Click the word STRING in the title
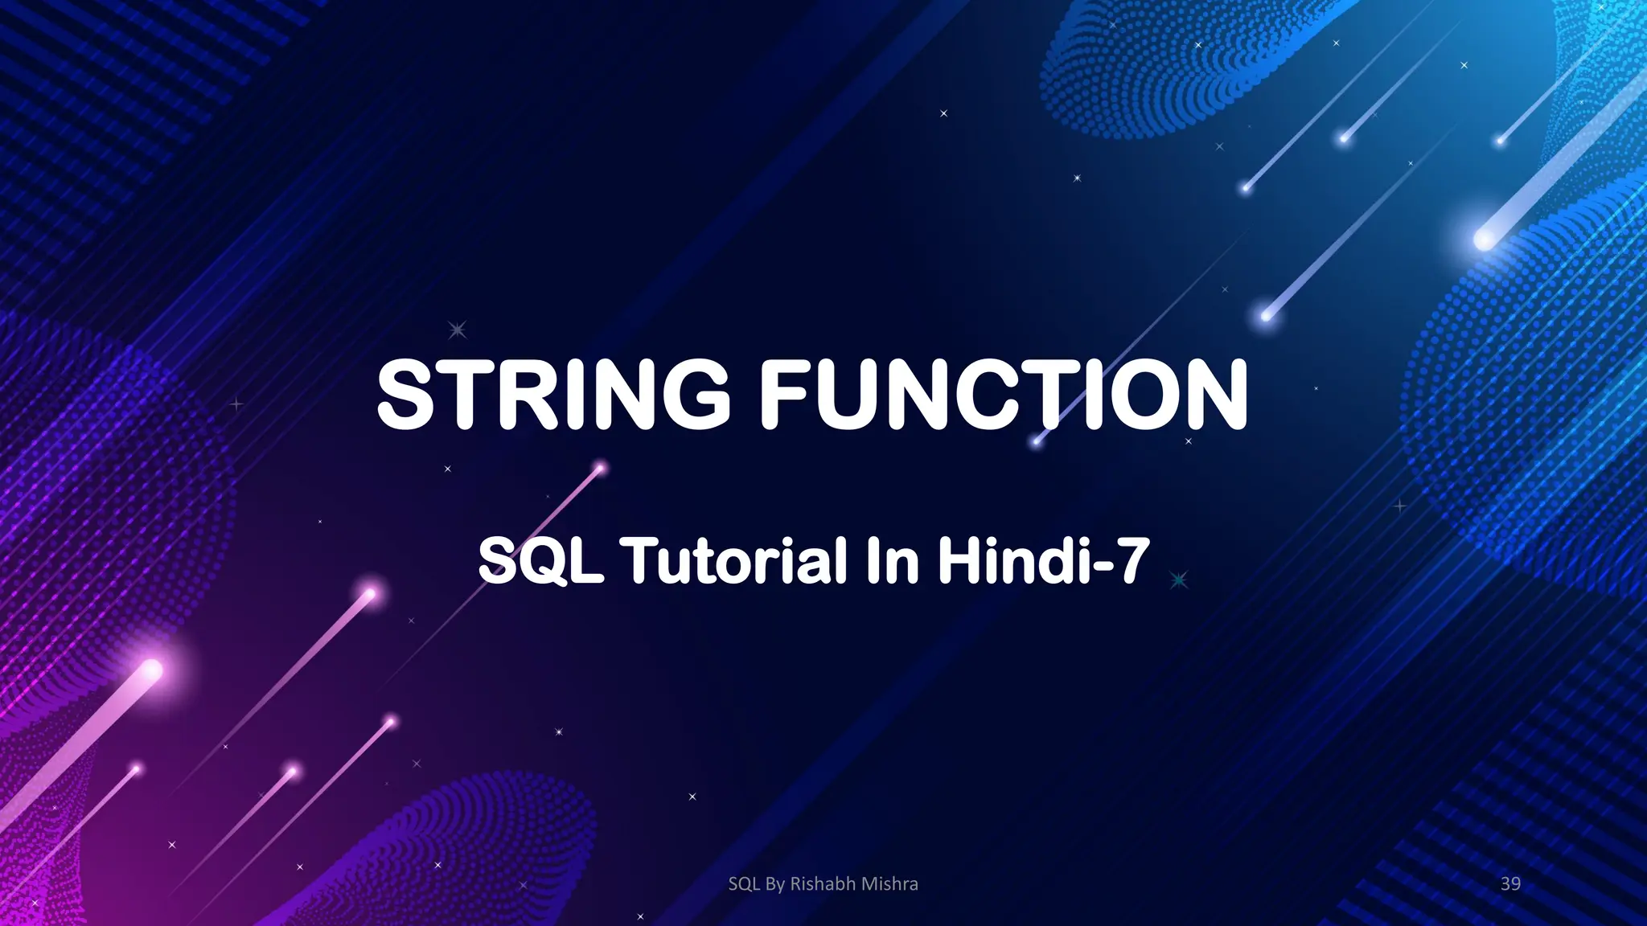coord(553,394)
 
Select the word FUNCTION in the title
coord(1004,394)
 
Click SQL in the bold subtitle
coord(540,560)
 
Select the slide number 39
coord(1510,884)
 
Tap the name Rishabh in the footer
coord(823,884)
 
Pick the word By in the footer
coord(775,884)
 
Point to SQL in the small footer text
coord(744,884)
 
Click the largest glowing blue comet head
coord(1484,239)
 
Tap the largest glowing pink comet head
coord(151,669)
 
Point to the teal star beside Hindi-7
coord(1179,580)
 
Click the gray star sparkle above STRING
coord(457,329)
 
